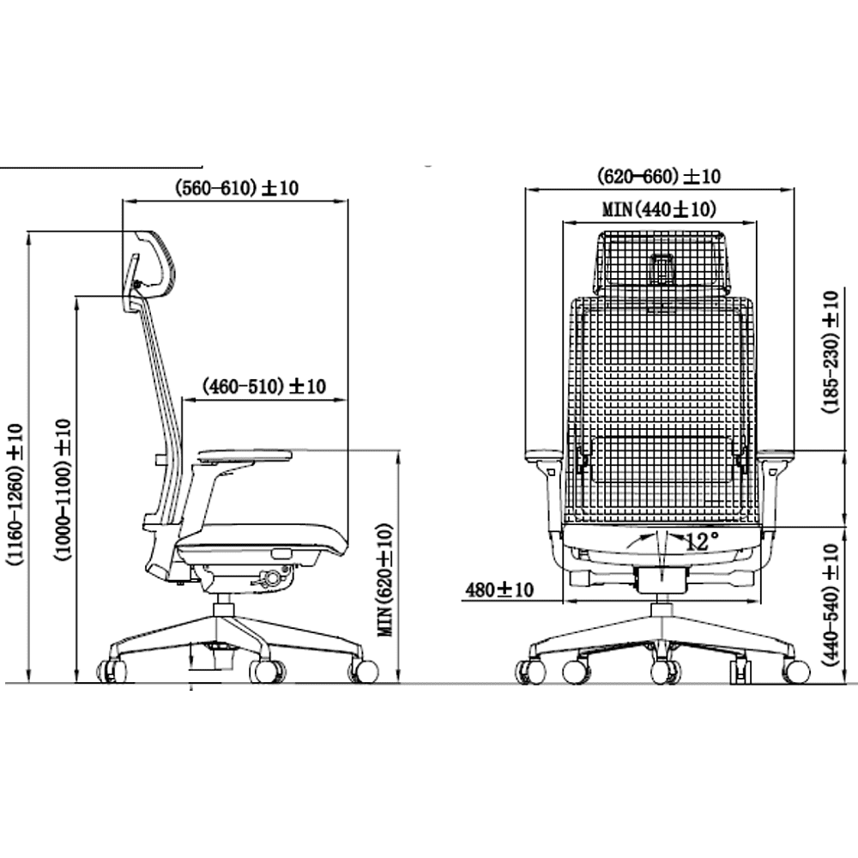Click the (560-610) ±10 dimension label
pyautogui.click(x=237, y=188)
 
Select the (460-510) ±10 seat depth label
pyautogui.click(x=263, y=386)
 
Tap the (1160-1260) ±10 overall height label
pyautogui.click(x=15, y=494)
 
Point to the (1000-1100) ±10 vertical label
pyautogui.click(x=63, y=490)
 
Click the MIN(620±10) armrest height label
pyautogui.click(x=385, y=580)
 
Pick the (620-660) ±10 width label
pyautogui.click(x=659, y=176)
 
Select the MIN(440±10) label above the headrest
pyautogui.click(x=659, y=209)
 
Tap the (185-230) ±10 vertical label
pyautogui.click(x=831, y=352)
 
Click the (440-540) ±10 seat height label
pyautogui.click(x=831, y=605)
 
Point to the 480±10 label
pyautogui.click(x=499, y=589)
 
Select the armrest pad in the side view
pyautogui.click(x=245, y=456)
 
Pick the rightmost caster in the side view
pyautogui.click(x=364, y=671)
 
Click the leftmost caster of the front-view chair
pyautogui.click(x=530, y=672)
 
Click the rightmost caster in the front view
pyautogui.click(x=795, y=672)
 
